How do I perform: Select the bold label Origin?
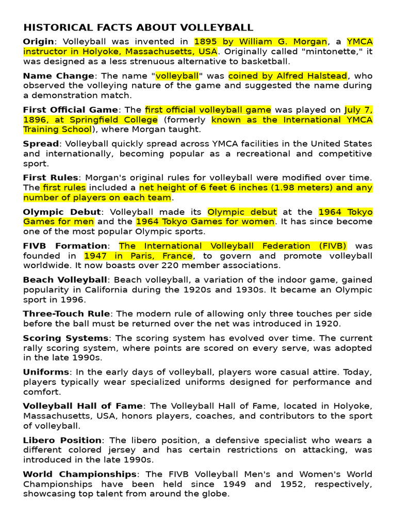tap(38, 42)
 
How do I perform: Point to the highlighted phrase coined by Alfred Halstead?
tap(288, 76)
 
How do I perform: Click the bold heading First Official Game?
tap(71, 110)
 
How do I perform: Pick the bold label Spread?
tap(41, 144)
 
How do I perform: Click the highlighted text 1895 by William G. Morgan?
tap(260, 42)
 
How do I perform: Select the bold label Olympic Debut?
tap(62, 212)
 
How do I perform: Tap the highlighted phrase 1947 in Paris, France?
tap(138, 256)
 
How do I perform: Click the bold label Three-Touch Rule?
tap(66, 314)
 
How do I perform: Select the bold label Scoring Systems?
tap(65, 338)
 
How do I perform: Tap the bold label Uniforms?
tap(45, 372)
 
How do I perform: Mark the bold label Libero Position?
tap(62, 441)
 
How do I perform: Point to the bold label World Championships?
tap(79, 474)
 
